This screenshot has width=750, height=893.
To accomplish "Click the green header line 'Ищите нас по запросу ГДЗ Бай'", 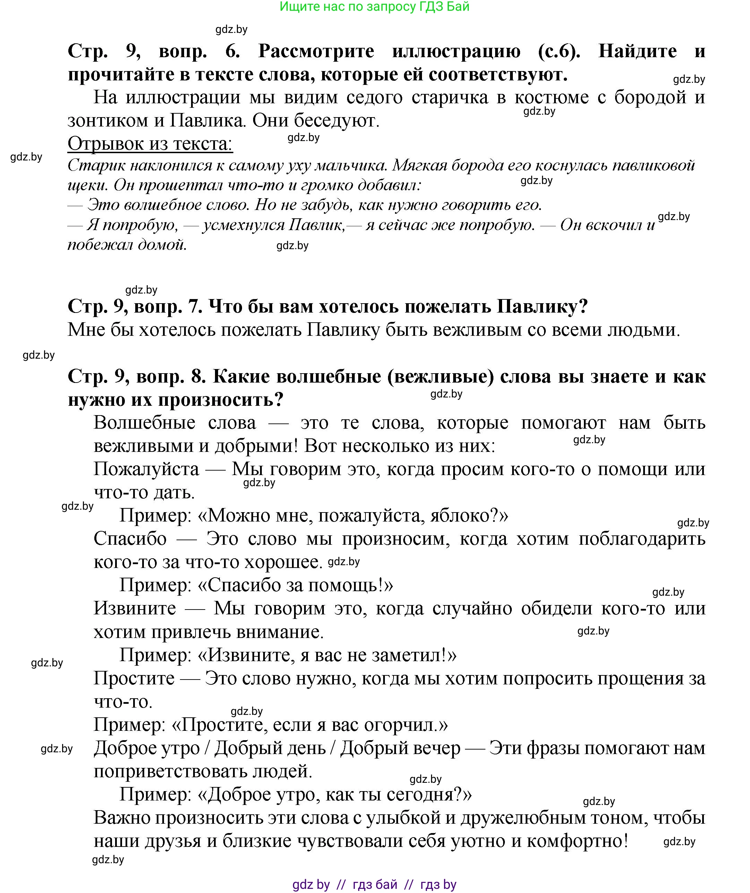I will [374, 7].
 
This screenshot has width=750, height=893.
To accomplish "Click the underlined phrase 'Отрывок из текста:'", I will [150, 144].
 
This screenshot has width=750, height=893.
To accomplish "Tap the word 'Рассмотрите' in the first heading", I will [316, 51].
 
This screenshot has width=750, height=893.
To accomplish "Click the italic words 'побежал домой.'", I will [127, 245].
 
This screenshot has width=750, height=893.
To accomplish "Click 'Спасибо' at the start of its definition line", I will [130, 539].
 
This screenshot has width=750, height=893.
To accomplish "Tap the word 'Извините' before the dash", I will [135, 609].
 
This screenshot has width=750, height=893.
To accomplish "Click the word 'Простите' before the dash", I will [134, 678].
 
